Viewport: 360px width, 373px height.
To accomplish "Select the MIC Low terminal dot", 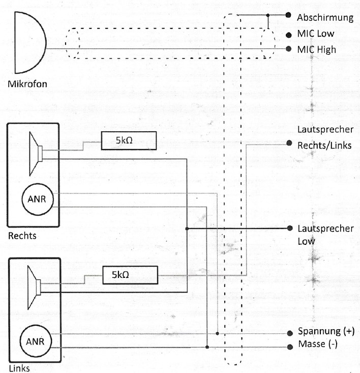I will coord(289,34).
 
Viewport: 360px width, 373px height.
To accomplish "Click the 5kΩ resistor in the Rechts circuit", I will coord(129,140).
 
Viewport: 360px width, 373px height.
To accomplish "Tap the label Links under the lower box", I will coord(20,368).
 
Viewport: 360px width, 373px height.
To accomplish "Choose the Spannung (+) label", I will coord(325,332).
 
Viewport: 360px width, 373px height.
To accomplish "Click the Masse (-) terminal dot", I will coord(289,347).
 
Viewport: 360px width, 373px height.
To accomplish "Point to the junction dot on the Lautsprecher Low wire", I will coord(187,228).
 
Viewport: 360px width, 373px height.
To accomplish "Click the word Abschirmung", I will coord(325,17).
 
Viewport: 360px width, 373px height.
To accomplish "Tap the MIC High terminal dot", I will coord(289,49).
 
